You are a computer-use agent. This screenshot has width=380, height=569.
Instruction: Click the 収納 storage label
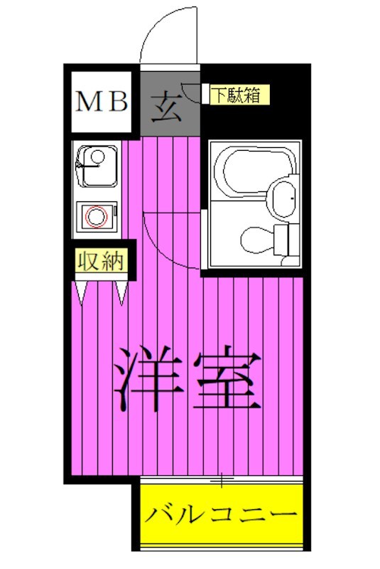(101, 261)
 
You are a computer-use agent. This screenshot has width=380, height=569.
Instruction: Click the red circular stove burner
(94, 215)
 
